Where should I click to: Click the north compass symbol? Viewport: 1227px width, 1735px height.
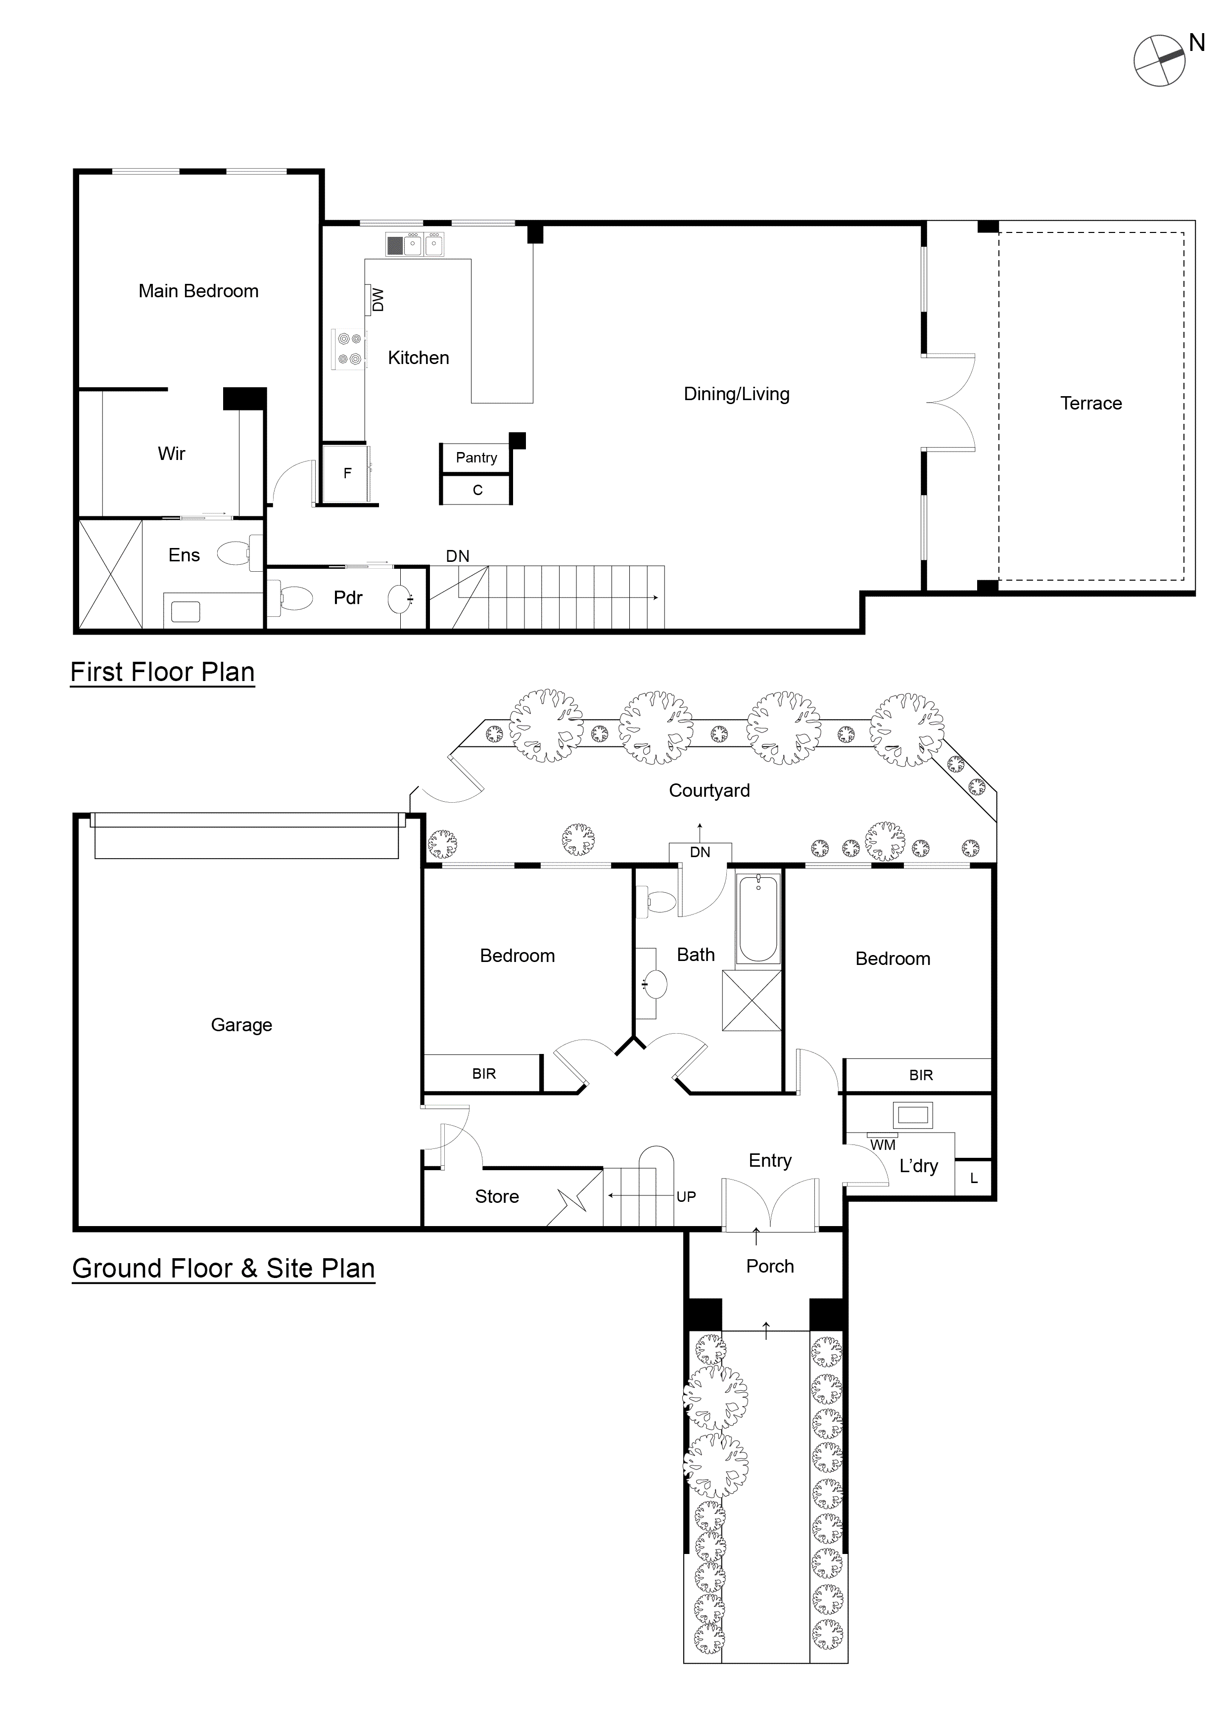point(1159,60)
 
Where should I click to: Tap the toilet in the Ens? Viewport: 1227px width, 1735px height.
point(236,553)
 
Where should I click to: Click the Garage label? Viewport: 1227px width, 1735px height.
point(241,1025)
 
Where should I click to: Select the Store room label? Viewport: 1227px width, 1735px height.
point(497,1196)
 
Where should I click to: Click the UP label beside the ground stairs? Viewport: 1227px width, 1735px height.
point(686,1196)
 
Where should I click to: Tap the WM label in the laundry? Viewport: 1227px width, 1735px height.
point(882,1145)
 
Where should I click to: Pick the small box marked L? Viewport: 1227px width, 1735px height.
point(973,1178)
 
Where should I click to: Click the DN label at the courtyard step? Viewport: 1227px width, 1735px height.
point(700,852)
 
